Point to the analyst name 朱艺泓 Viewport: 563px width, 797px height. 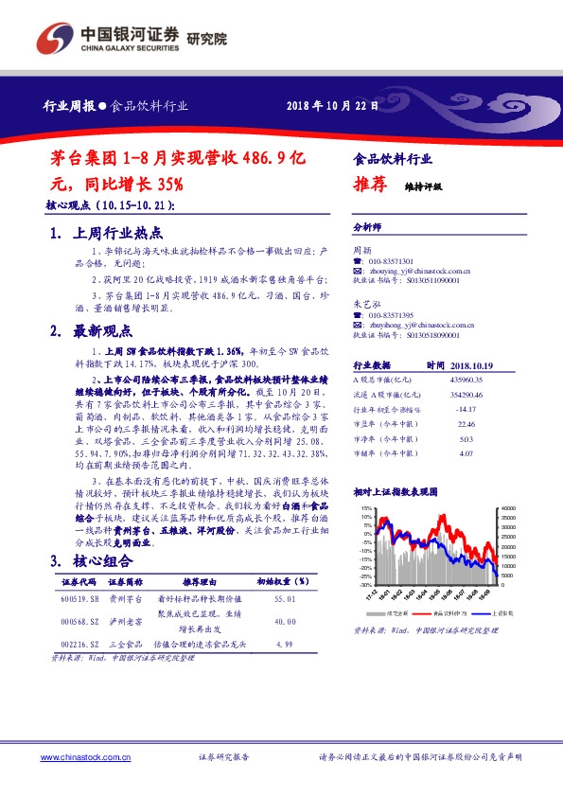tap(365, 303)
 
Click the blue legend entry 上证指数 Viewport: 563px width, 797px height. tap(481, 613)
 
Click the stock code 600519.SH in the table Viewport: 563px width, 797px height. tap(80, 600)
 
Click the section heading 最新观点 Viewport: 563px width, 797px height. tap(105, 330)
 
